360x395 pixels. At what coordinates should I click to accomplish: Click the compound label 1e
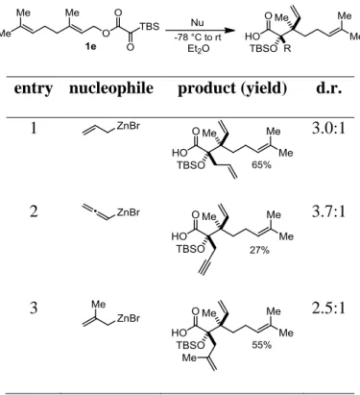click(x=91, y=46)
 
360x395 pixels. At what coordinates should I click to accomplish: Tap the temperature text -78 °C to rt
click(x=198, y=37)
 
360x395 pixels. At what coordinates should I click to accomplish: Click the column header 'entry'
click(x=34, y=88)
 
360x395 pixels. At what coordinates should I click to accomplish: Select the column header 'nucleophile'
click(x=111, y=88)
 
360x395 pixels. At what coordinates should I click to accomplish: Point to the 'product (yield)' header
click(x=232, y=88)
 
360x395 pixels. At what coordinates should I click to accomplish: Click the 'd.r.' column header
click(x=328, y=87)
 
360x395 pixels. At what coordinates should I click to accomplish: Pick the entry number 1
click(x=34, y=128)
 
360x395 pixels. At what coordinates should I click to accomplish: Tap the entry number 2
click(x=34, y=211)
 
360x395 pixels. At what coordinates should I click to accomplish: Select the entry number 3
click(x=34, y=308)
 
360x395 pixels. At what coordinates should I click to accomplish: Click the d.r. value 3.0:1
click(x=328, y=129)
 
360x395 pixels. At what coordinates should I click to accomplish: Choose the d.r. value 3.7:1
click(x=328, y=211)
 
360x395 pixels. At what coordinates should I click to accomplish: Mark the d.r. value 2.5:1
click(x=328, y=308)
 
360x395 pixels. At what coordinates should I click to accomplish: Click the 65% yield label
click(x=261, y=165)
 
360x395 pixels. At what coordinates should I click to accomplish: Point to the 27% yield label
click(x=259, y=250)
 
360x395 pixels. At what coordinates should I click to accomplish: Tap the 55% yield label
click(x=261, y=345)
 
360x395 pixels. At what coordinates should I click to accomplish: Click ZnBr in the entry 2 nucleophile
click(x=129, y=212)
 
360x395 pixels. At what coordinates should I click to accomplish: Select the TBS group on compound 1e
click(x=150, y=27)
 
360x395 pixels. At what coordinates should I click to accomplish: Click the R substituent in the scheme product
click(x=288, y=49)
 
